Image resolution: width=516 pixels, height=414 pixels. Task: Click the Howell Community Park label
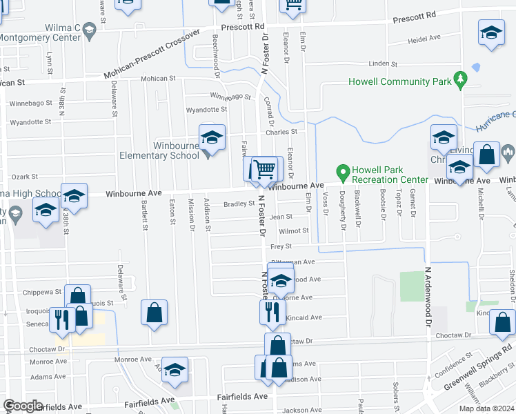399,81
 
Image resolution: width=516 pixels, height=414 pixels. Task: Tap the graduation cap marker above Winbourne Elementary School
212,137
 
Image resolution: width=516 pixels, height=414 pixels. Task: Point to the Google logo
23,406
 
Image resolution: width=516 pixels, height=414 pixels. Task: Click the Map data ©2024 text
485,408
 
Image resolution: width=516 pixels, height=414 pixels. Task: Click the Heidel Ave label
424,40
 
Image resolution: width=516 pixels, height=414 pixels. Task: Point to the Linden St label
384,63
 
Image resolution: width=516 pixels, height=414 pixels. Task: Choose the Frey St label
281,246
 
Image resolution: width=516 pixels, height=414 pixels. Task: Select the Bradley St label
239,204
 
